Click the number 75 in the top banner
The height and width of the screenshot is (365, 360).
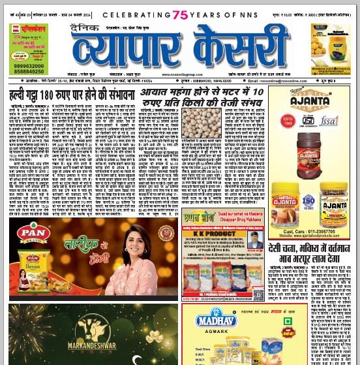(x=181, y=14)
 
